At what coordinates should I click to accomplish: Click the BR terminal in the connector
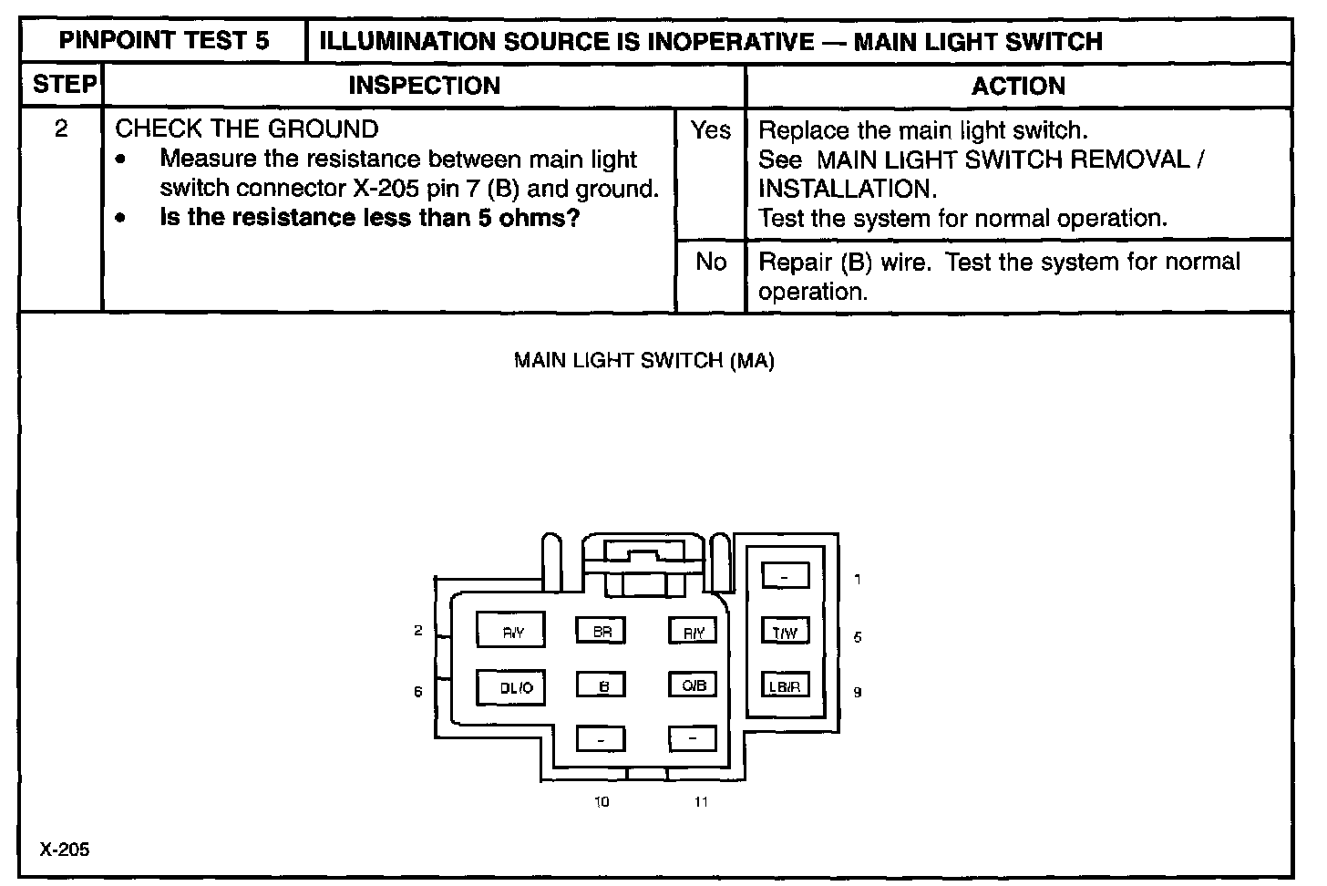pos(601,631)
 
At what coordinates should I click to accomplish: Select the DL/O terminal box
pos(511,688)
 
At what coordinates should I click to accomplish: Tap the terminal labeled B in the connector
pos(601,686)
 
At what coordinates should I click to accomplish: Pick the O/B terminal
pos(694,685)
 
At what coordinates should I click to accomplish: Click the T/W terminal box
pos(785,632)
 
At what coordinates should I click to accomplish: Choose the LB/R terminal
pos(785,686)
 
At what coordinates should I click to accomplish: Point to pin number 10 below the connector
pos(602,802)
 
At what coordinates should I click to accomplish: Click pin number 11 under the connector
pos(701,802)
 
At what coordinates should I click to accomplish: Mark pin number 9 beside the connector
pos(857,692)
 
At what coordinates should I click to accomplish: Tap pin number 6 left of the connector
pos(418,692)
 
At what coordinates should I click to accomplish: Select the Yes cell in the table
pos(710,131)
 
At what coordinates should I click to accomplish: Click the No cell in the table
pos(710,263)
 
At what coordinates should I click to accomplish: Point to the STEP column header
pos(63,86)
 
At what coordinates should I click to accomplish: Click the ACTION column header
pos(1018,86)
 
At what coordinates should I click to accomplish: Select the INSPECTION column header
pos(424,86)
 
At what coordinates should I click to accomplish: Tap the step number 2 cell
pos(61,129)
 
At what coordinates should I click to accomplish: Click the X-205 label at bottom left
pos(65,850)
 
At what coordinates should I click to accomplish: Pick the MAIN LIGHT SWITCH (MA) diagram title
pos(643,361)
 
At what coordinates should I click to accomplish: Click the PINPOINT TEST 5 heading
pos(164,41)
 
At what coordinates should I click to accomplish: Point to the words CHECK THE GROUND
pos(246,129)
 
